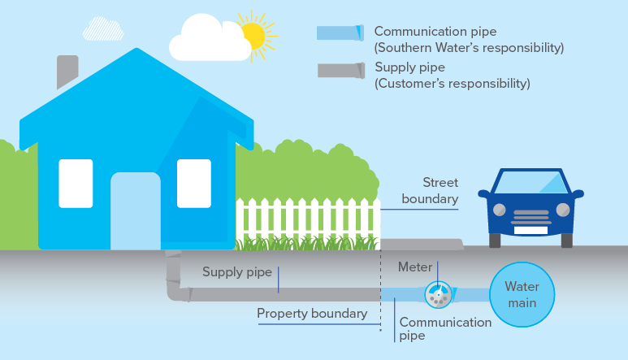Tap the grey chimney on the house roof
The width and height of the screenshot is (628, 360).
pyautogui.click(x=67, y=72)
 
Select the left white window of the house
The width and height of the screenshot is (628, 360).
pyautogui.click(x=76, y=183)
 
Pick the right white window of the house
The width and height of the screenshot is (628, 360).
pyautogui.click(x=194, y=183)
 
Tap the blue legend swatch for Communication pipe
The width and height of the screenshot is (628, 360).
pyautogui.click(x=340, y=33)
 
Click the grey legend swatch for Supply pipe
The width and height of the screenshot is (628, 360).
pyautogui.click(x=340, y=71)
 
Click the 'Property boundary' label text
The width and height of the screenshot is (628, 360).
pyautogui.click(x=312, y=313)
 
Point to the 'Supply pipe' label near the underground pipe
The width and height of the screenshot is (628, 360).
pyautogui.click(x=236, y=272)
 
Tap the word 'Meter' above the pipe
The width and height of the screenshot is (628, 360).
pyautogui.click(x=415, y=267)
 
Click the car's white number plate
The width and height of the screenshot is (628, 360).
pyautogui.click(x=531, y=229)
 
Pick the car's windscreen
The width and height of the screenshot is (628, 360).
pyautogui.click(x=531, y=183)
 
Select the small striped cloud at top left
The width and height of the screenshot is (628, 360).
pyautogui.click(x=103, y=28)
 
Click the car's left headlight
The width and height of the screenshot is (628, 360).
pyautogui.click(x=499, y=210)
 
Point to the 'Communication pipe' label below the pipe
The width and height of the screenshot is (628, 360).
pyautogui.click(x=445, y=328)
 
